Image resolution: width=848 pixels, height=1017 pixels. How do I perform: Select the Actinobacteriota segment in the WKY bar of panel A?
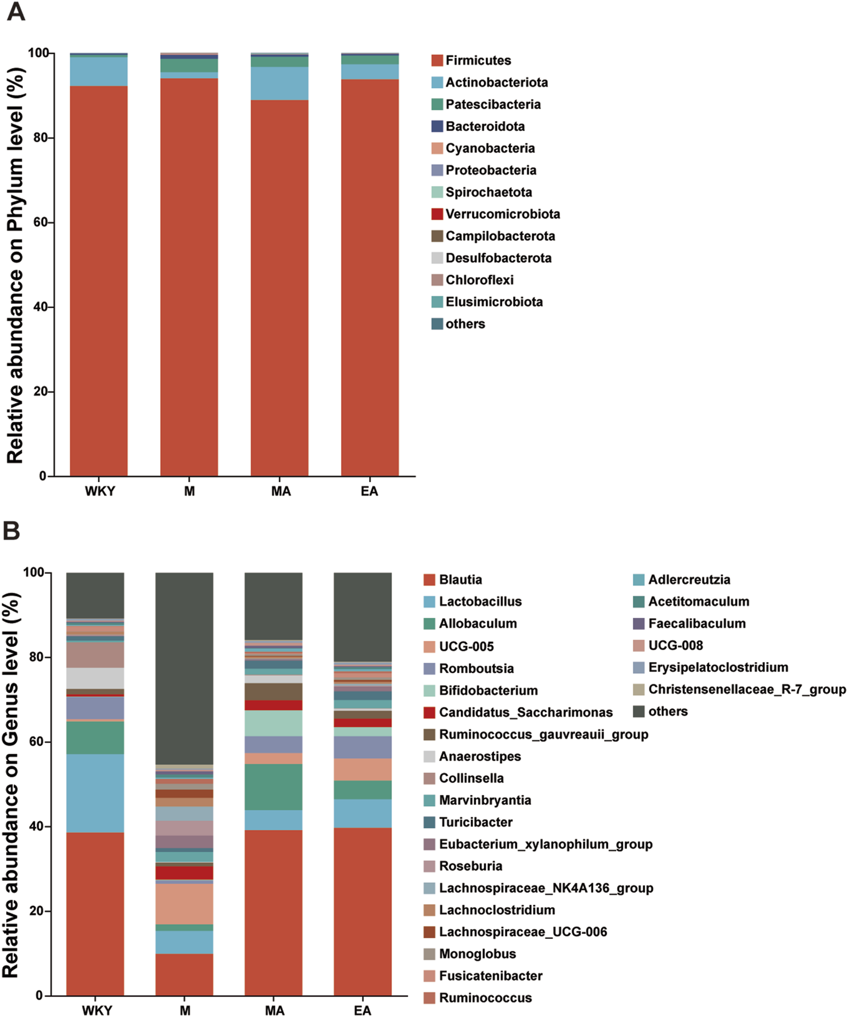pyautogui.click(x=99, y=71)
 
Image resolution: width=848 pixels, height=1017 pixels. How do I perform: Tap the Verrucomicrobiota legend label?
pyautogui.click(x=502, y=214)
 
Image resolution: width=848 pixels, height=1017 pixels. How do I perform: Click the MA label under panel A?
pyautogui.click(x=280, y=491)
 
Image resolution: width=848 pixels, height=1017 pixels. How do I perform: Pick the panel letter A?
pyautogui.click(x=16, y=12)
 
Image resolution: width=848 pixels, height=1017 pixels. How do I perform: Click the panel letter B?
pyautogui.click(x=12, y=531)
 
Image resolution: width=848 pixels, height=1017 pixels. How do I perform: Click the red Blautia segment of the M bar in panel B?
pyautogui.click(x=184, y=974)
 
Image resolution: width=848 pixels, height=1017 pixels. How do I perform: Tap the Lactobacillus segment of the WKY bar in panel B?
pyautogui.click(x=95, y=793)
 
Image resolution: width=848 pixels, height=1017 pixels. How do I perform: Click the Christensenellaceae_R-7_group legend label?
pyautogui.click(x=747, y=689)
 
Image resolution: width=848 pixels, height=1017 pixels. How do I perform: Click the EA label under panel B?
pyautogui.click(x=362, y=1011)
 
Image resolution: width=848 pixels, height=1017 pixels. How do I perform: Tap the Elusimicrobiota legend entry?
pyautogui.click(x=494, y=302)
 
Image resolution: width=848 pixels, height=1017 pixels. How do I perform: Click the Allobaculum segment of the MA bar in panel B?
pyautogui.click(x=273, y=787)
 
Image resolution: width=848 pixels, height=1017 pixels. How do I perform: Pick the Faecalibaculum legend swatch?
pyautogui.click(x=638, y=624)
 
